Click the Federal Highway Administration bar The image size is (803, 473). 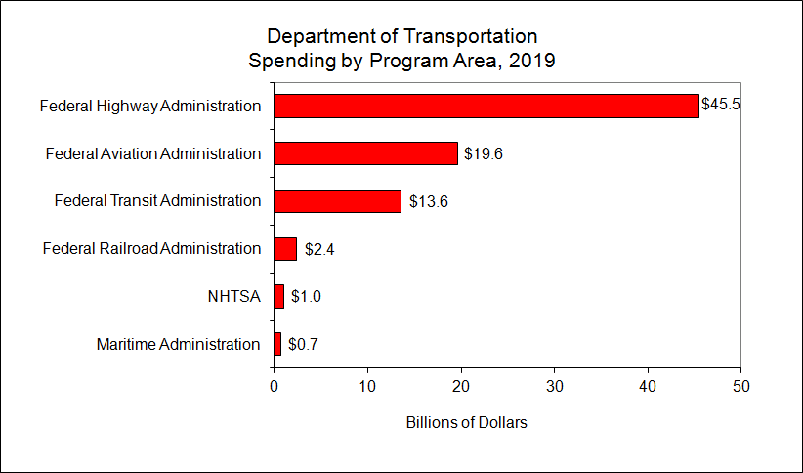[486, 106]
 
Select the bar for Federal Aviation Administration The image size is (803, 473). [365, 153]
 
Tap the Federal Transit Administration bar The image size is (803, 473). [337, 201]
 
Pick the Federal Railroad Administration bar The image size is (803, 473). [285, 249]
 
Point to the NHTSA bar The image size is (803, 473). [278, 296]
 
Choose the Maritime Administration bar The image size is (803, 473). [277, 344]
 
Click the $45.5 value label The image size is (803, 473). [721, 105]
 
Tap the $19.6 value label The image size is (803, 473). [484, 153]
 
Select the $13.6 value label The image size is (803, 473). [427, 201]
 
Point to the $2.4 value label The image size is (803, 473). [320, 249]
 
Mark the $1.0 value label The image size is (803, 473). [307, 296]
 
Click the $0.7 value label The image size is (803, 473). [304, 344]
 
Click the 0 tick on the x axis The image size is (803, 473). [274, 385]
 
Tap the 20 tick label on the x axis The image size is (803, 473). [461, 385]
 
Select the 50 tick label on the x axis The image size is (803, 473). [741, 385]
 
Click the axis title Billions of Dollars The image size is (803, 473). [466, 423]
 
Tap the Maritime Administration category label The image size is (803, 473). [179, 344]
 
